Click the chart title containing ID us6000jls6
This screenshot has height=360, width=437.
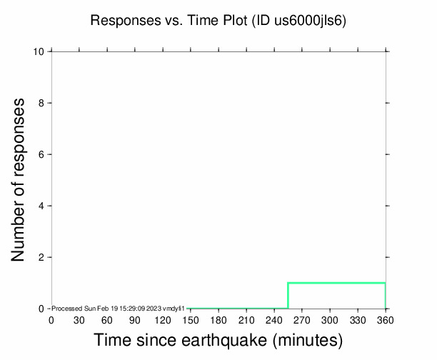click(218, 20)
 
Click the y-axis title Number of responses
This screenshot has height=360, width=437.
click(21, 180)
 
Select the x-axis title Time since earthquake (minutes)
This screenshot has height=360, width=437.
click(218, 340)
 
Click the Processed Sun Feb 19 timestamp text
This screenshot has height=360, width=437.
click(119, 309)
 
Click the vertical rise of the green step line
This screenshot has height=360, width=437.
click(288, 296)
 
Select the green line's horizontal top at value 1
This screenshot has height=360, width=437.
click(336, 283)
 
